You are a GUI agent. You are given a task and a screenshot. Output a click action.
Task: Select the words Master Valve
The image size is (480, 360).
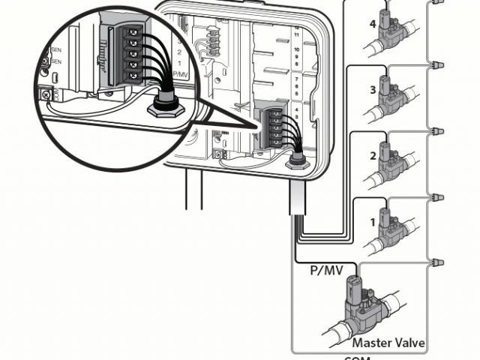pos(388,343)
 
